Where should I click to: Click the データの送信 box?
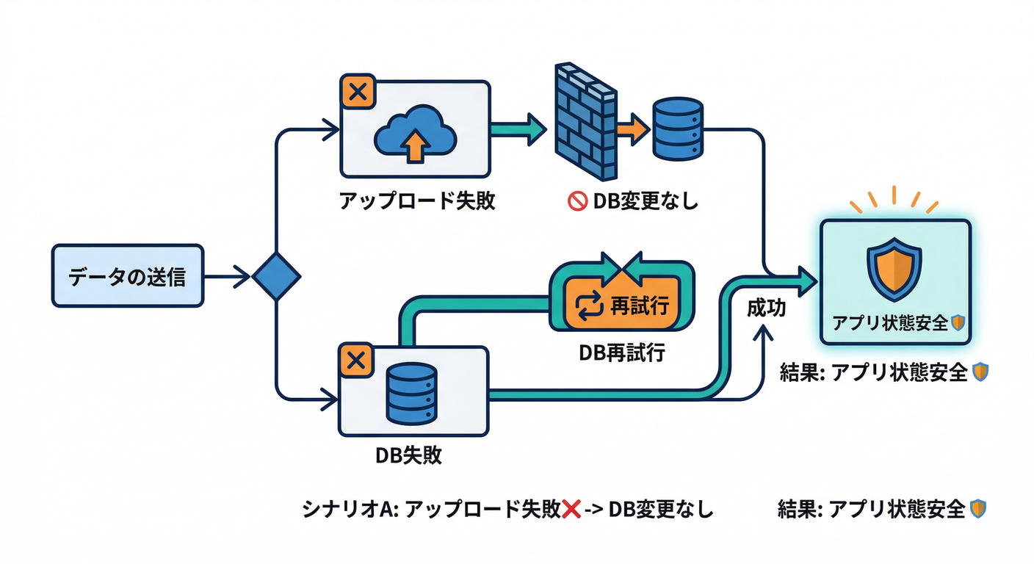point(127,276)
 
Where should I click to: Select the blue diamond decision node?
point(276,277)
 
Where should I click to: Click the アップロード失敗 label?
point(417,201)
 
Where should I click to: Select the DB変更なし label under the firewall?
point(644,201)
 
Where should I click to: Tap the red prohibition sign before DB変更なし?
point(577,201)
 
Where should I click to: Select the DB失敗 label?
point(408,455)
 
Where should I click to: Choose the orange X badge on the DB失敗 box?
point(356,361)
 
